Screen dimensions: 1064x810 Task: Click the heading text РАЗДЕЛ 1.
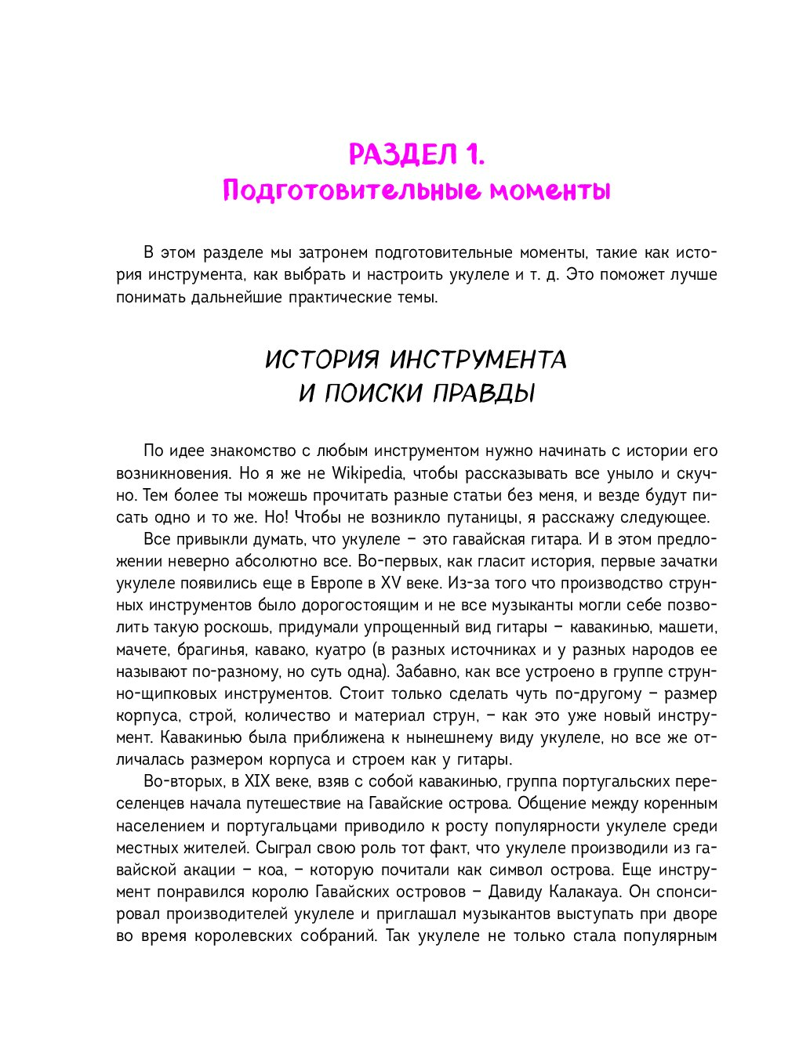coord(416,154)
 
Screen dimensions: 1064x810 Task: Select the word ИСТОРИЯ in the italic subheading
coord(321,360)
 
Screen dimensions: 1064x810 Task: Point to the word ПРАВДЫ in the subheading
coord(484,393)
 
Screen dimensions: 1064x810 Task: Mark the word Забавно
coord(423,671)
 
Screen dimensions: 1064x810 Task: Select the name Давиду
coord(515,892)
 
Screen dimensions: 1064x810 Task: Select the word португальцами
coord(282,826)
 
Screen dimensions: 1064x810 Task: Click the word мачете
coord(141,650)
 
